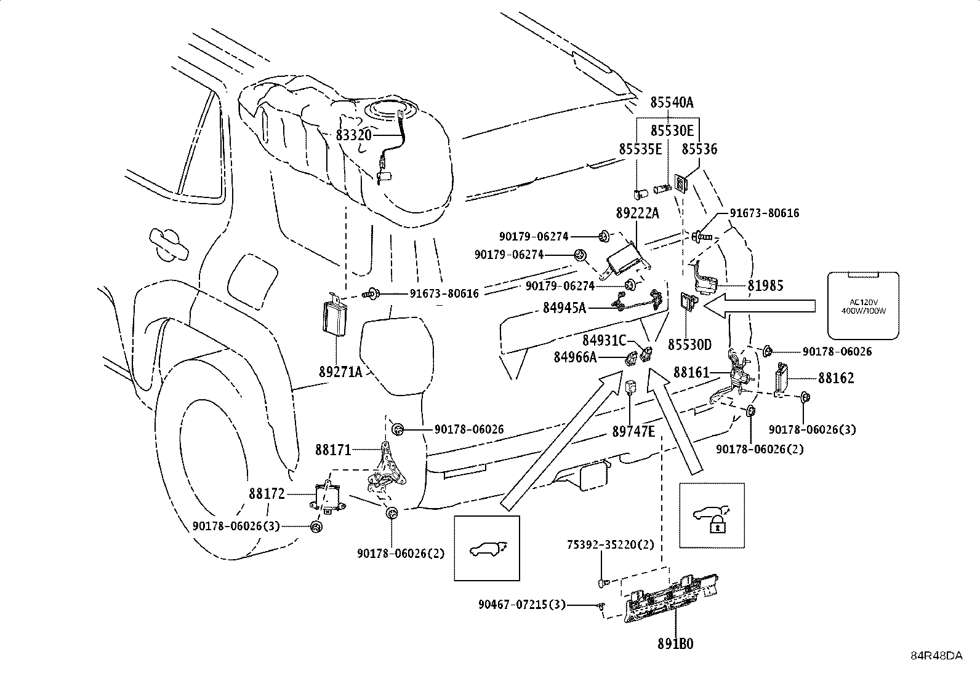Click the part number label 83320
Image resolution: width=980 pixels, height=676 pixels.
click(x=354, y=134)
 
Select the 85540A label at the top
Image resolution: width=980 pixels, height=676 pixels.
click(x=672, y=102)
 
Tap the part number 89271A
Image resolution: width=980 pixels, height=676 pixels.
click(x=340, y=372)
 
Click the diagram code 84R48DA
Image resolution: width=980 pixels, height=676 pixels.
click(x=936, y=655)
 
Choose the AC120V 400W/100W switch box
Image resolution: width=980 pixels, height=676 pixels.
click(x=862, y=306)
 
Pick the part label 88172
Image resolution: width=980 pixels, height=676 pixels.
click(x=267, y=493)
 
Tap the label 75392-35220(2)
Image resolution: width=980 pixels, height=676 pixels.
click(x=611, y=545)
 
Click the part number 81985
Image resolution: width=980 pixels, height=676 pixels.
click(x=766, y=286)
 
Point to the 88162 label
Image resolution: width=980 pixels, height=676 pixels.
click(x=836, y=378)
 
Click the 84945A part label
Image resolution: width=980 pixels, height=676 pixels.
click(x=564, y=307)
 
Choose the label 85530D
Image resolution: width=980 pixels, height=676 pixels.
click(x=689, y=344)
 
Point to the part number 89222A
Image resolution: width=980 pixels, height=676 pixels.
click(x=637, y=213)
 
